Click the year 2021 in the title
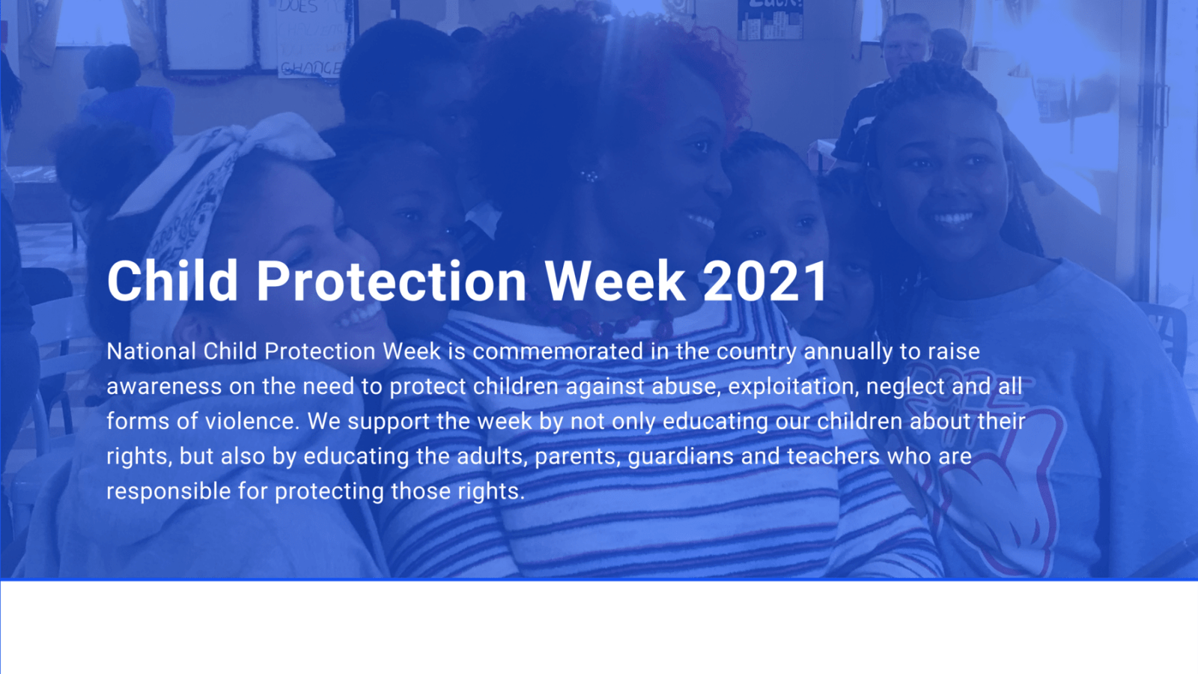click(765, 282)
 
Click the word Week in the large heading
click(614, 282)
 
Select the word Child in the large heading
click(172, 282)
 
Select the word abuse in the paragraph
click(686, 386)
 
